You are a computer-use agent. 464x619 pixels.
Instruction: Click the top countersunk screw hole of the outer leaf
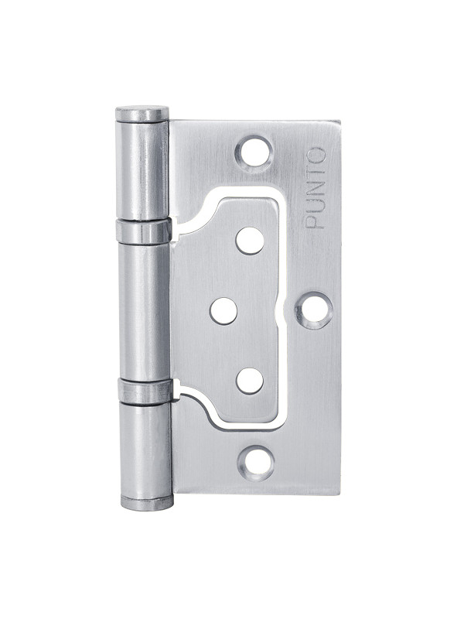pos(254,152)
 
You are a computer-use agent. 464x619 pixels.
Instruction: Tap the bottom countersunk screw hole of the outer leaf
pos(257,463)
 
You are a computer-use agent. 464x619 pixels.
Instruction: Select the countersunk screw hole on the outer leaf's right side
pos(314,310)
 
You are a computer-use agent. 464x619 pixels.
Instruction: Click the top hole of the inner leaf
pos(250,241)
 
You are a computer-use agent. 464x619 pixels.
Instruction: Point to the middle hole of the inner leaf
pos(223,311)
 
